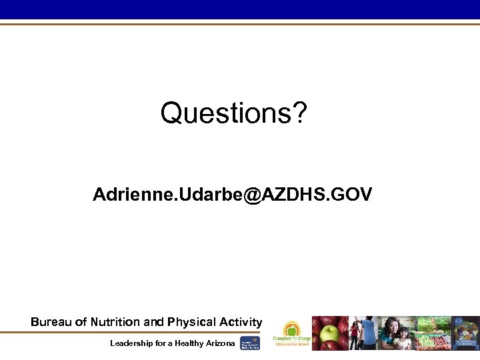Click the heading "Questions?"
pos(233,113)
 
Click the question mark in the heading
pos(299,113)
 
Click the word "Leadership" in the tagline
pos(133,343)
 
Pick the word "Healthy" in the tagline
pos(188,343)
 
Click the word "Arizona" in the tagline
pos(220,343)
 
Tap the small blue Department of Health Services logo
pos(250,343)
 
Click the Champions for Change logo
pos(291,333)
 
